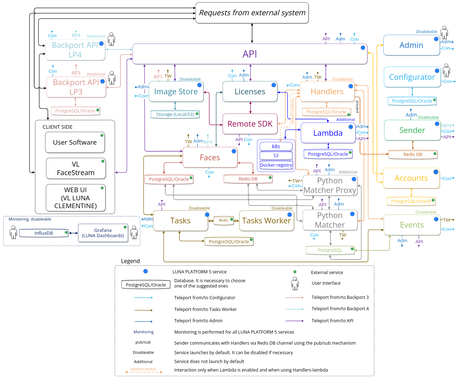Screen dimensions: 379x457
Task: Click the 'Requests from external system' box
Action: tap(252, 13)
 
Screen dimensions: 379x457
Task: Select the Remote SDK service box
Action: tap(250, 124)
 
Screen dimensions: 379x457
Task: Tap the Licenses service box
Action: tap(250, 91)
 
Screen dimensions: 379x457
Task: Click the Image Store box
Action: tap(176, 91)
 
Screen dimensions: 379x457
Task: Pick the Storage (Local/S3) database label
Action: tap(175, 114)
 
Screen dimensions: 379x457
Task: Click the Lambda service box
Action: tap(328, 133)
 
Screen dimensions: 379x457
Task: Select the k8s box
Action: tap(276, 146)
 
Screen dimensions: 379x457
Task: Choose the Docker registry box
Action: tap(276, 165)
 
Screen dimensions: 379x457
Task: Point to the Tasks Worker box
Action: tap(266, 221)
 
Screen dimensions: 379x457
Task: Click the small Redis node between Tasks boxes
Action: tap(224, 220)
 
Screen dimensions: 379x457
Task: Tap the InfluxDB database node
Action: tap(44, 233)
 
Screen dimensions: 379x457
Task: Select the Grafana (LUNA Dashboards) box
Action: tap(103, 233)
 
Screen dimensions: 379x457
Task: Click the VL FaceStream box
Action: tap(76, 168)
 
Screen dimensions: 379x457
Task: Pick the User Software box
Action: tap(75, 142)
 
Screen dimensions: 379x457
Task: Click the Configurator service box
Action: tap(412, 77)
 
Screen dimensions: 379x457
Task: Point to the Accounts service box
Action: tap(411, 178)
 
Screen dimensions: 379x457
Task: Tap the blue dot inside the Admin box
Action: tap(436, 39)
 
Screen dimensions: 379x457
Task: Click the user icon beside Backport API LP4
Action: tap(111, 39)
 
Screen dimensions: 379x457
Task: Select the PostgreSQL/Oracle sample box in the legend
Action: tap(146, 285)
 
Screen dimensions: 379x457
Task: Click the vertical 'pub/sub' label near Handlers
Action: tap(357, 106)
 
